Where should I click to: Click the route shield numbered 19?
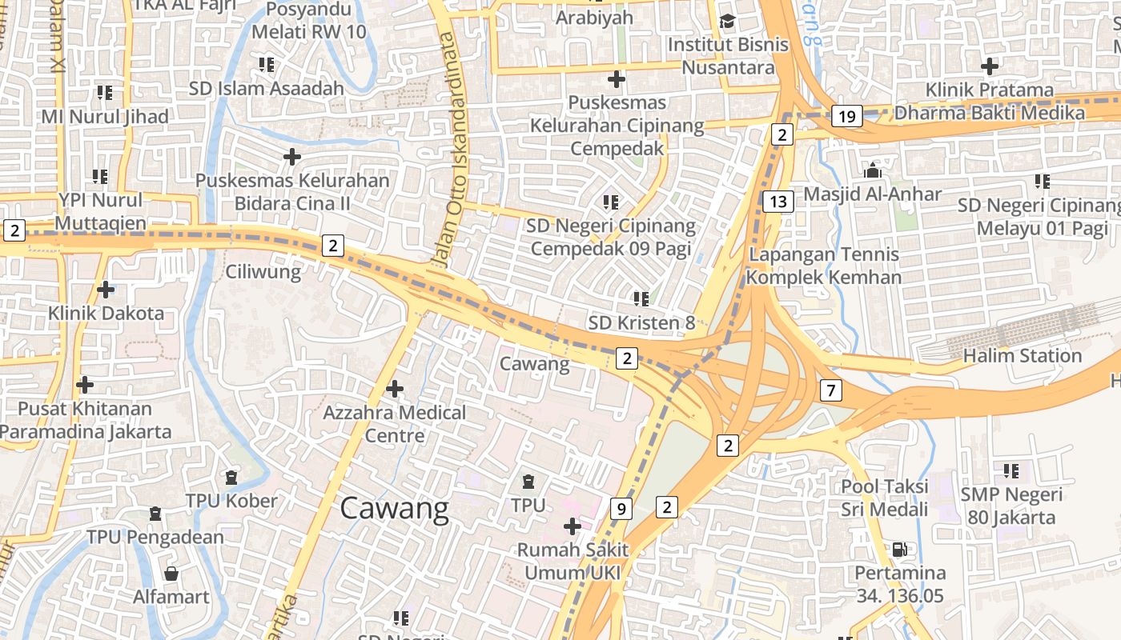[x=847, y=117]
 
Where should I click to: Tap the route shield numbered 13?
[x=777, y=201]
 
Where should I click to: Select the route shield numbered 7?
[x=831, y=390]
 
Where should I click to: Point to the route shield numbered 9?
[x=621, y=508]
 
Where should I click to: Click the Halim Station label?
[x=1022, y=355]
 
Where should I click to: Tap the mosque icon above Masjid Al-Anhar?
[x=872, y=170]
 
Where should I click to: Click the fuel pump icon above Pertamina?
[x=900, y=550]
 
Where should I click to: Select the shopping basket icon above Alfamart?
[x=171, y=573]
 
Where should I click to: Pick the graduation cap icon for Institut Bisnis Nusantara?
[x=727, y=21]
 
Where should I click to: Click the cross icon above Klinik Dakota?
[x=105, y=290]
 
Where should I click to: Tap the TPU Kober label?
[x=231, y=501]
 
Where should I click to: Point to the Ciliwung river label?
[x=263, y=271]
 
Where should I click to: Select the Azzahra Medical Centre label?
[x=394, y=424]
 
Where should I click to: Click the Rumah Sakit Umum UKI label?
[x=573, y=562]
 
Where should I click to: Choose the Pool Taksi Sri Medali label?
[x=884, y=498]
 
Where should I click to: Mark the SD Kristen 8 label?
[x=641, y=322]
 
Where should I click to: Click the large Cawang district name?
[x=395, y=509]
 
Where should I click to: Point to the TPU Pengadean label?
[x=155, y=536]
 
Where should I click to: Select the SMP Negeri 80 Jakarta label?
[x=1011, y=506]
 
